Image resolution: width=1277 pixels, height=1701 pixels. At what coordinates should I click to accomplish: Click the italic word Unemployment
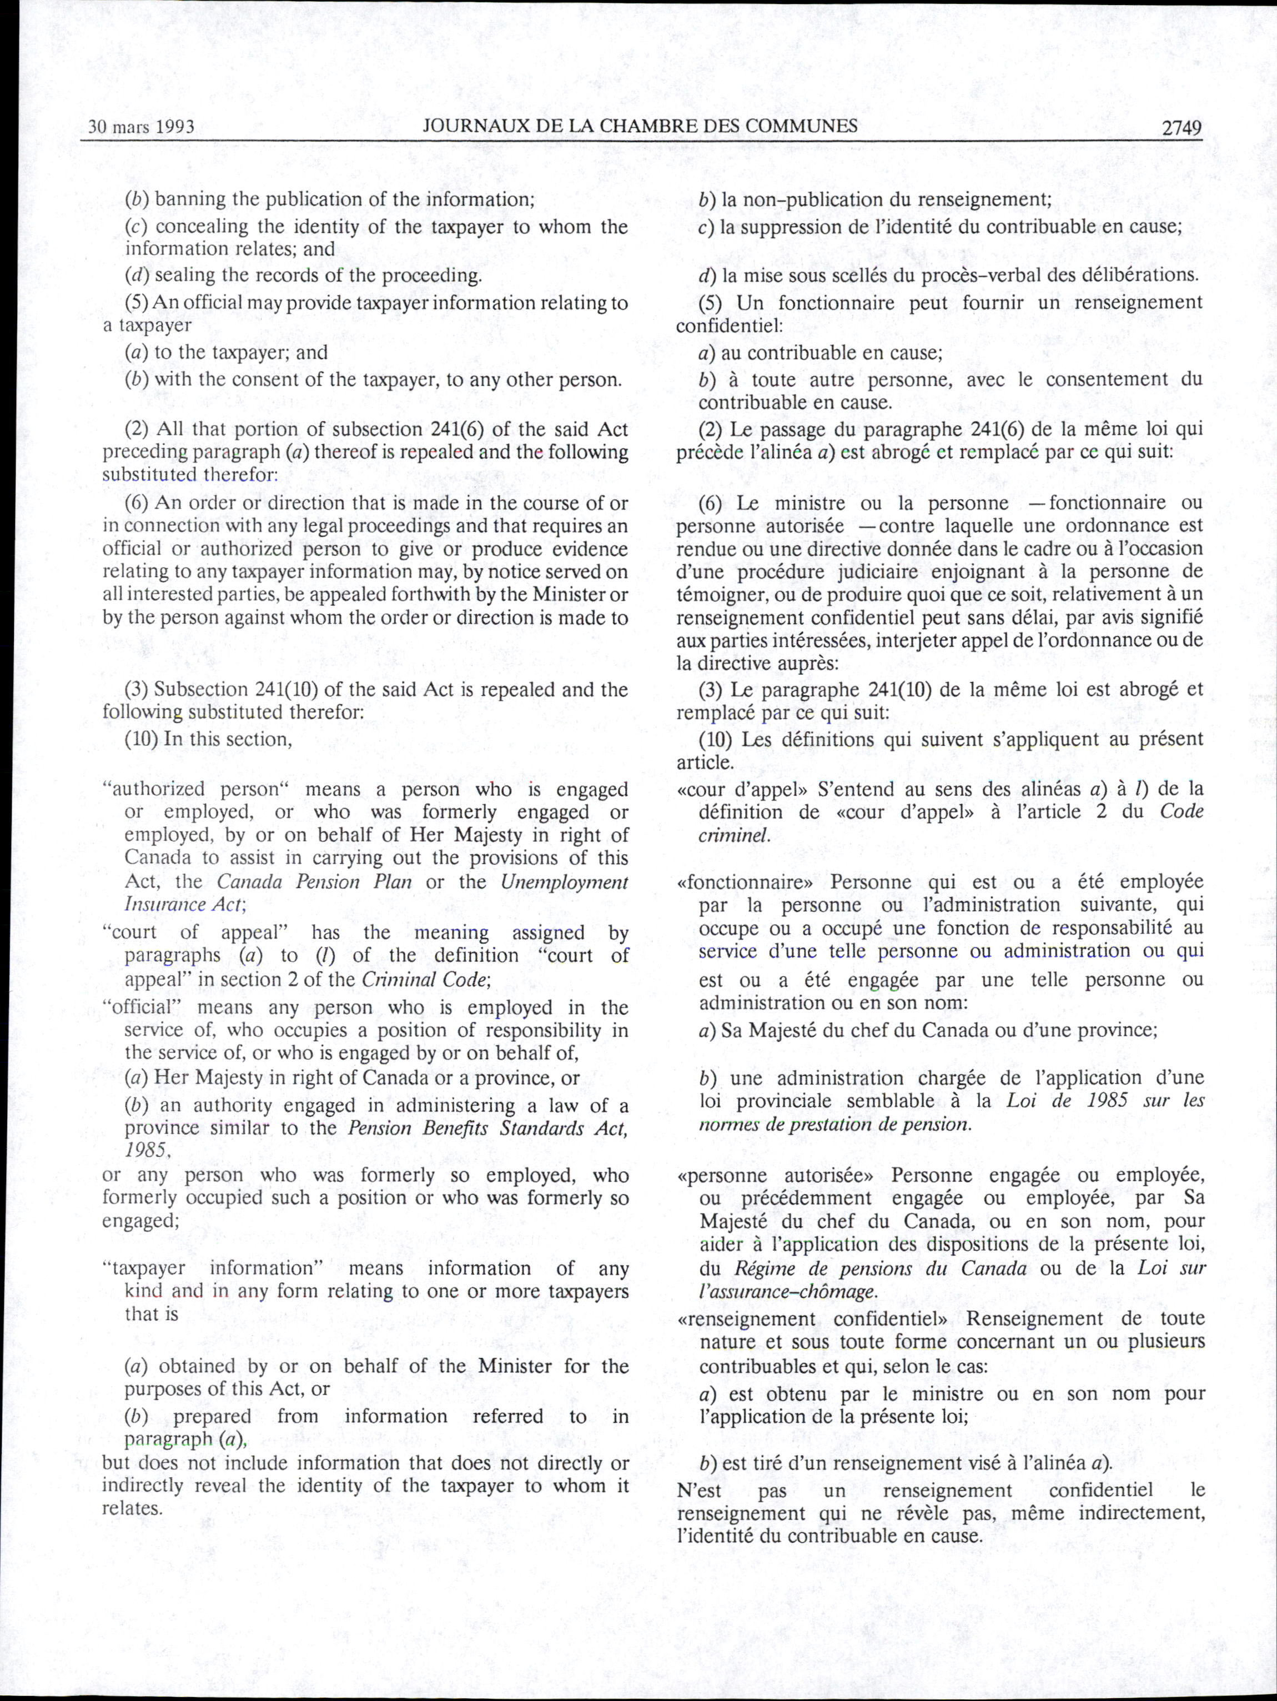pos(564,881)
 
